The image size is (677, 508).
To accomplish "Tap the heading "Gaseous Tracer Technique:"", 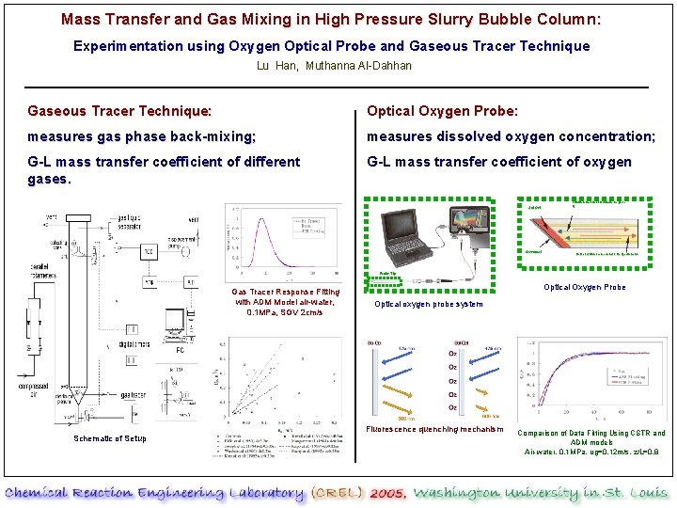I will (x=119, y=111).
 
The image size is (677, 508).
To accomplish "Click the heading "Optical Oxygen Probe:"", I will (x=442, y=111).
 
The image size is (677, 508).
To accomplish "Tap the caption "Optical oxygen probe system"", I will (x=429, y=304).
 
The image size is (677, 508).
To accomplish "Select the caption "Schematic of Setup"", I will (x=110, y=438).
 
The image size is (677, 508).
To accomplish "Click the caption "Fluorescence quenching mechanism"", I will (x=429, y=431).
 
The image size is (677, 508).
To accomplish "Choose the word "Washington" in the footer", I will (x=460, y=493).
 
